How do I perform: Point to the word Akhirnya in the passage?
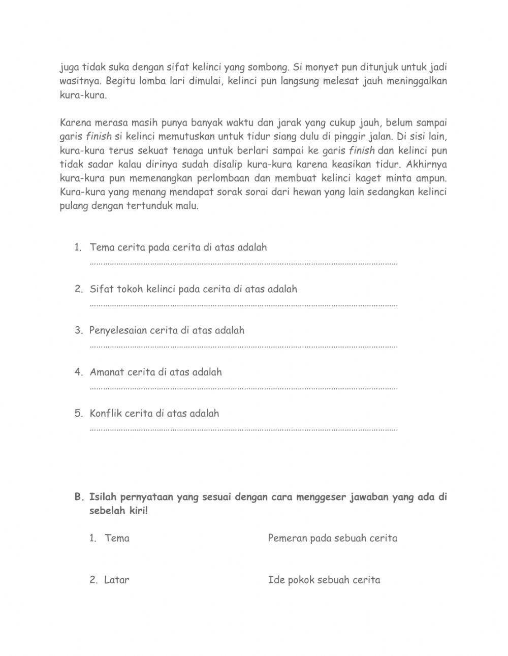tap(427, 165)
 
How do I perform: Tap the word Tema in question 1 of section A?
tap(103, 247)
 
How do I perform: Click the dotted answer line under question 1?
tap(244, 264)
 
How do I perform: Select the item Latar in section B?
tap(117, 580)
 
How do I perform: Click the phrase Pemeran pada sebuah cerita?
tap(332, 538)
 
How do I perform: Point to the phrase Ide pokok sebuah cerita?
tap(324, 580)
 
